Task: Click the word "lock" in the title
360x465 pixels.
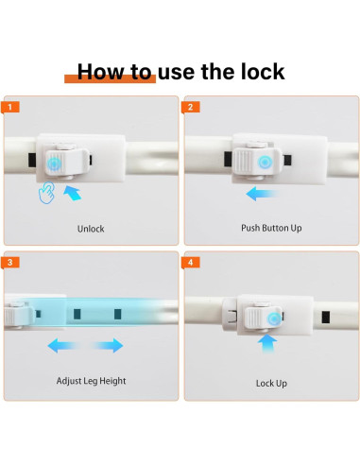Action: click(x=263, y=72)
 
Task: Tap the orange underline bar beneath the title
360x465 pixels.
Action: click(x=110, y=79)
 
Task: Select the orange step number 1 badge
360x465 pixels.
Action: click(x=10, y=107)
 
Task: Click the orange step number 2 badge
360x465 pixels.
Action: click(x=191, y=107)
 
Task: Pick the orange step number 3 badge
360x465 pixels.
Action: click(x=10, y=263)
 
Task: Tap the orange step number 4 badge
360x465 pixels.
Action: click(x=191, y=263)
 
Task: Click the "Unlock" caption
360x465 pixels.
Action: click(x=91, y=229)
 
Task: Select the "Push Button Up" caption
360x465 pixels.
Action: click(x=271, y=228)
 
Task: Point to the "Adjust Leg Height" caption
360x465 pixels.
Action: click(x=91, y=381)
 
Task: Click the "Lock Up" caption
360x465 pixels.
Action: click(x=271, y=383)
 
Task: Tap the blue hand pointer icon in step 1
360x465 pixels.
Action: click(x=46, y=193)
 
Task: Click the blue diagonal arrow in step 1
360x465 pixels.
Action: click(x=73, y=193)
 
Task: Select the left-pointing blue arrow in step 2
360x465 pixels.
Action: click(x=262, y=193)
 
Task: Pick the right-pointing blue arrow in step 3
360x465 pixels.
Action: click(x=107, y=346)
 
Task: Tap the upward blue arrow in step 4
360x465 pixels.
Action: click(x=267, y=343)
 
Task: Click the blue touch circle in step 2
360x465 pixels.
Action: click(x=264, y=163)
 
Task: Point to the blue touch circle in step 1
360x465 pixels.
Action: click(x=55, y=164)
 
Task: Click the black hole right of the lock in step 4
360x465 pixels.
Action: click(x=326, y=318)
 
